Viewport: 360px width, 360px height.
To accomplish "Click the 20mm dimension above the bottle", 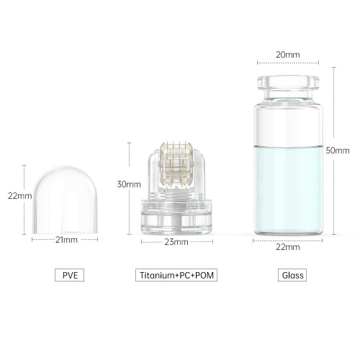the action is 288,55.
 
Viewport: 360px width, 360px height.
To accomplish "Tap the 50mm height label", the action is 338,150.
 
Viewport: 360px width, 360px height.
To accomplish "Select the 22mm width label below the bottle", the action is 288,247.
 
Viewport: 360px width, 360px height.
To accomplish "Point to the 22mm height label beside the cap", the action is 20,196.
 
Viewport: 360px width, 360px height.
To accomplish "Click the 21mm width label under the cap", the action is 66,240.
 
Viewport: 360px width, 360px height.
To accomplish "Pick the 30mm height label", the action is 129,184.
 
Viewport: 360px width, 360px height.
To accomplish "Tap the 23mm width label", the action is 176,242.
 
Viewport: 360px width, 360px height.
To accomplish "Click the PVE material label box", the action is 70,275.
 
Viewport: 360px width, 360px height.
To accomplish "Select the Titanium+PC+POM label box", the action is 176,275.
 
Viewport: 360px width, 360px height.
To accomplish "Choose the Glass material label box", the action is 292,275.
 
